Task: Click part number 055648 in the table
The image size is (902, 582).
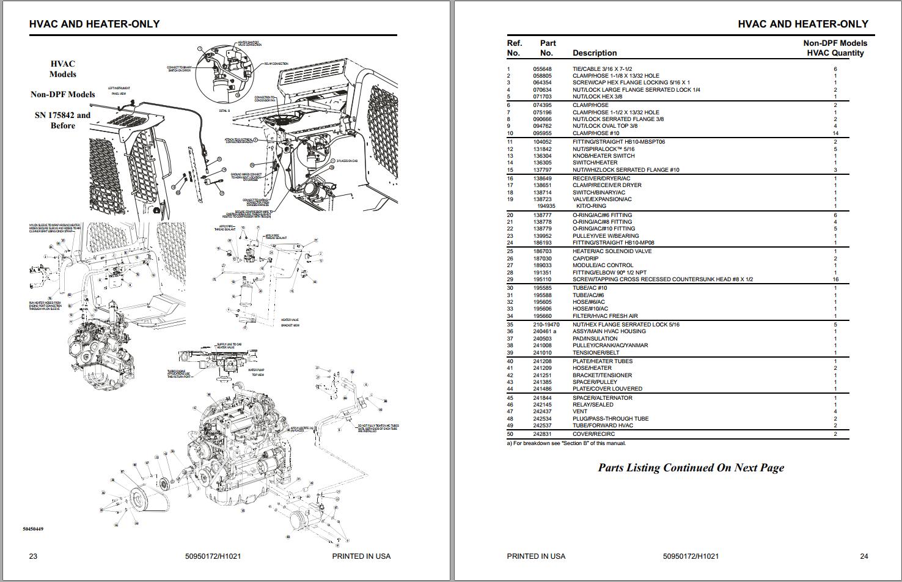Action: (541, 69)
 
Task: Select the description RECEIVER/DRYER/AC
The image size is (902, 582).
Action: (601, 179)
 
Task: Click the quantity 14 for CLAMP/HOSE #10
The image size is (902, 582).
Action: (835, 133)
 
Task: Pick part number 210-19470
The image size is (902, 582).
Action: (546, 325)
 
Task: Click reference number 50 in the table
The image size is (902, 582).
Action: (510, 434)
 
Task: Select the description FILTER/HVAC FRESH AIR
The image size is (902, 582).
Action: (604, 316)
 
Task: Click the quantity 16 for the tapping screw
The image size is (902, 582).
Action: (835, 279)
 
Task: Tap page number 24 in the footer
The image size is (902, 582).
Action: (864, 556)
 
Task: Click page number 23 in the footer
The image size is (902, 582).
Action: (34, 556)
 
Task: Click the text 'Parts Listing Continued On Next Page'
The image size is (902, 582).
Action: (691, 468)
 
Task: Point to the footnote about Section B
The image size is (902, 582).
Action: (566, 443)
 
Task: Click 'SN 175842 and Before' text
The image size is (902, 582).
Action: (62, 120)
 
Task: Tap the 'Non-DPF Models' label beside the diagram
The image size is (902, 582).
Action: (62, 94)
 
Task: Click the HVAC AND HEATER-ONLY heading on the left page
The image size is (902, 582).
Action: (94, 24)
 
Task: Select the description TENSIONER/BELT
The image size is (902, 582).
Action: (595, 353)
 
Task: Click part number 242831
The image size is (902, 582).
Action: (541, 434)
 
